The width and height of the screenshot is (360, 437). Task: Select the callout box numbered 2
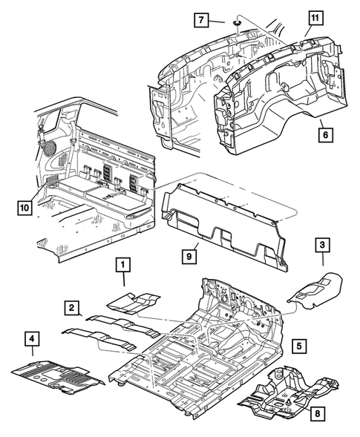coord(71,308)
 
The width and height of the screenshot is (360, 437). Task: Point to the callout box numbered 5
coord(298,345)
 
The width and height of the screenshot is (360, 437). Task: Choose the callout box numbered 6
coord(327,134)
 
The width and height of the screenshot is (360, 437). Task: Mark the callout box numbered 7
coord(200,20)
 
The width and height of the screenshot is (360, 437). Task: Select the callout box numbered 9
coord(190,255)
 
